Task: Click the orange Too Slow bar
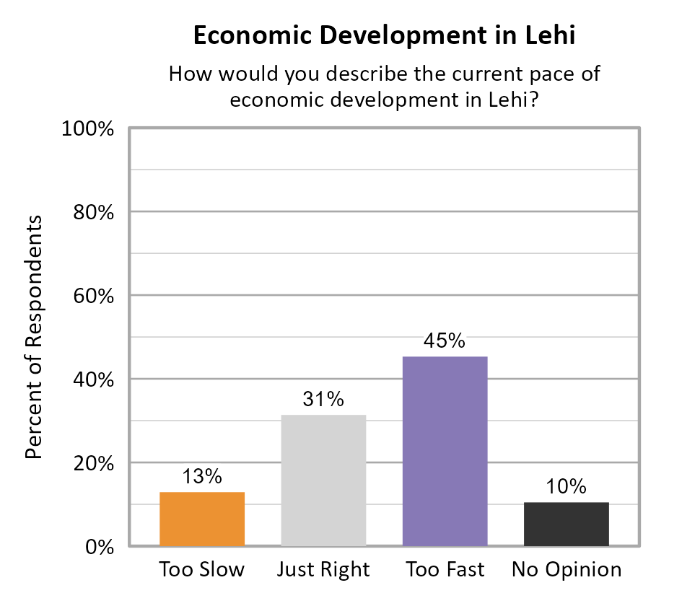pos(201,519)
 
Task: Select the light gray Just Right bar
pos(323,480)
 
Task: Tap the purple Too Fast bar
pos(445,451)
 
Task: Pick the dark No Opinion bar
pos(567,524)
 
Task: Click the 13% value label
pos(201,477)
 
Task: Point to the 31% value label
pos(323,399)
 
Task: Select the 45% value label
pos(445,341)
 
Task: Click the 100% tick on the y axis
pos(89,129)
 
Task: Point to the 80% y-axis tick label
pos(94,213)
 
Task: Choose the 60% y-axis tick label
pos(94,297)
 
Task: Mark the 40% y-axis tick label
pos(94,380)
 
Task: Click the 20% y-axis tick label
pos(94,464)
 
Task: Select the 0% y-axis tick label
pos(100,547)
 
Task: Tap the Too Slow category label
pos(201,570)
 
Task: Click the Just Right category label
pos(323,570)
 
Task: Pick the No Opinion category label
pos(567,570)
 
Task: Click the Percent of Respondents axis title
pos(33,337)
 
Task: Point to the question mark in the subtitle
pos(536,100)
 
